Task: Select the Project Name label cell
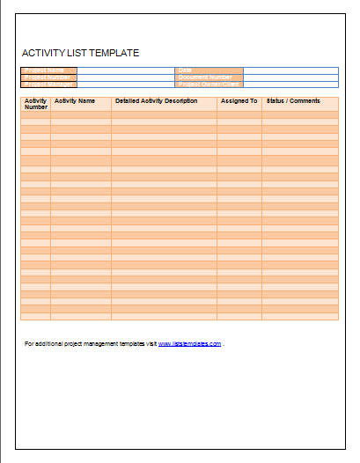48,70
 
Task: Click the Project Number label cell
48,77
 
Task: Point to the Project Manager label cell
48,85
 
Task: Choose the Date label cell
209,70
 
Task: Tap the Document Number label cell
209,77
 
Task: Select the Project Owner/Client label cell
209,85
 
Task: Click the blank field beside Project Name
126,70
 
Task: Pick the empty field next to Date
290,70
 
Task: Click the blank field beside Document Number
290,77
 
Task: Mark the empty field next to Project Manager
126,85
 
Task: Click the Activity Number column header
36,104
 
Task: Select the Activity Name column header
75,101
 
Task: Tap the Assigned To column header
239,101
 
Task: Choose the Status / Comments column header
293,101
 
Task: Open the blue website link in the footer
189,343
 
